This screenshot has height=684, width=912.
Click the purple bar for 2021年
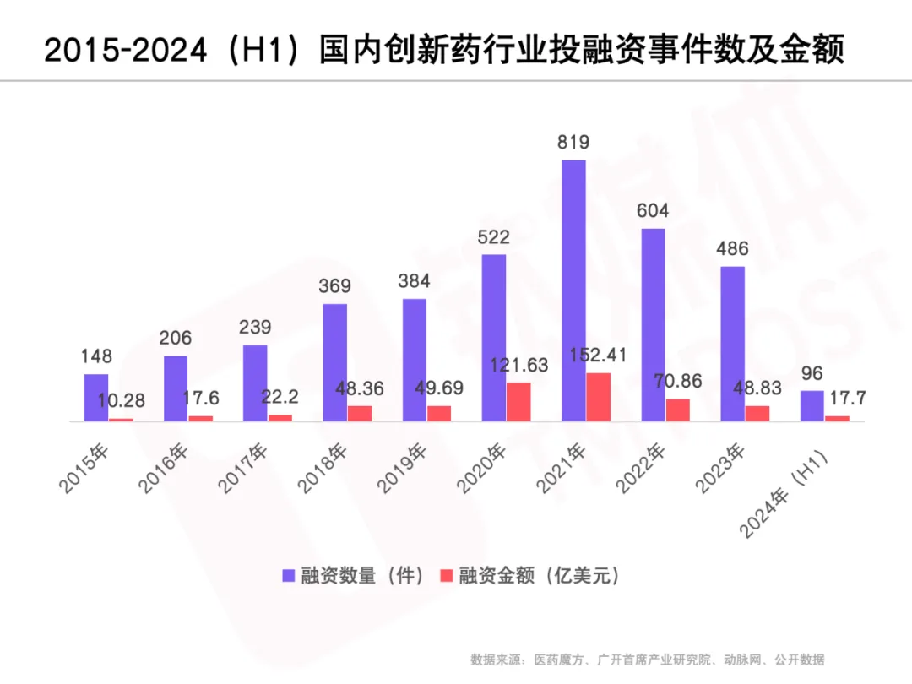(573, 290)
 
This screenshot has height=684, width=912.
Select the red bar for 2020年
(518, 402)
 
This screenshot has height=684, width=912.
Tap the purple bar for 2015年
(96, 398)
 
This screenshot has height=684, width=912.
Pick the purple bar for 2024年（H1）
(812, 406)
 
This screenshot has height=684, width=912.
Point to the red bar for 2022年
(677, 410)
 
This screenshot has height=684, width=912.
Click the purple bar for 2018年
(335, 362)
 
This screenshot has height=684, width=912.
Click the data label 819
(573, 143)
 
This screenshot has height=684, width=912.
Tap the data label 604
(653, 211)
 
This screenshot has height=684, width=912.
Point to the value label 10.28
(121, 402)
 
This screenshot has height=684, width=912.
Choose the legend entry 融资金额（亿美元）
(532, 576)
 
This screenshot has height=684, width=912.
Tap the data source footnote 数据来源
(647, 660)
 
